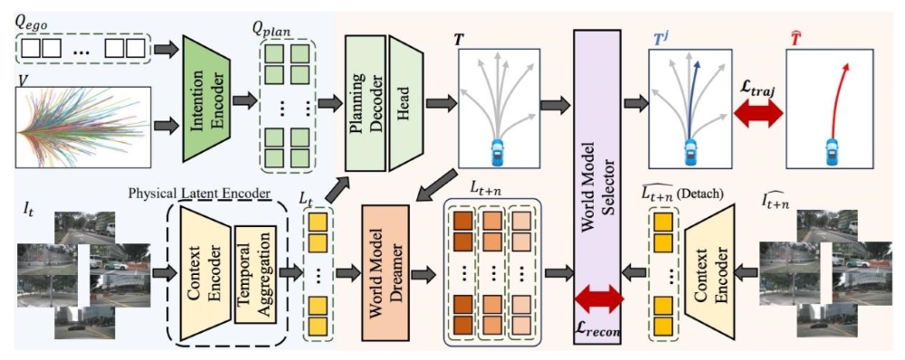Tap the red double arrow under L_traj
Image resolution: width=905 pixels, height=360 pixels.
[x=757, y=114]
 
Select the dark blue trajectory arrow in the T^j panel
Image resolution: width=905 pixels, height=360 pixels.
[x=691, y=98]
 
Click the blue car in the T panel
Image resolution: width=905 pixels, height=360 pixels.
[x=498, y=152]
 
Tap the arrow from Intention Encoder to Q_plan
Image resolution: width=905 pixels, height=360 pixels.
[x=244, y=101]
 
